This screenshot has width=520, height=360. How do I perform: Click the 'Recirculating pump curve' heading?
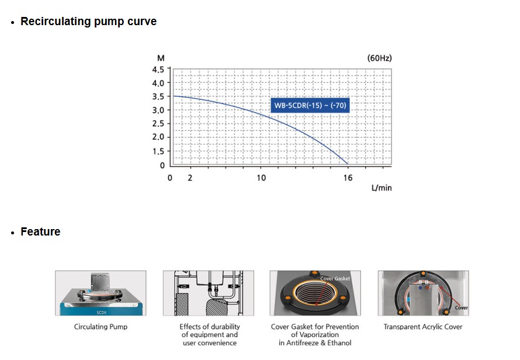point(89,21)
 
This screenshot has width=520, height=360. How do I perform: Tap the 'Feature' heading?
point(40,231)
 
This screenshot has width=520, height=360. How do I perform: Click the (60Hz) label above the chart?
point(379,58)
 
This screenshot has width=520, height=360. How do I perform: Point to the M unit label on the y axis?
point(161,58)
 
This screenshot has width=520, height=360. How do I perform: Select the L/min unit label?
point(382,188)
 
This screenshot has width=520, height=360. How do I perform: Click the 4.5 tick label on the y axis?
point(158,70)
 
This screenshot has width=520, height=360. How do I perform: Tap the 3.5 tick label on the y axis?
point(158,96)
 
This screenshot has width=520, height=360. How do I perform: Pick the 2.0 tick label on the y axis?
point(158,137)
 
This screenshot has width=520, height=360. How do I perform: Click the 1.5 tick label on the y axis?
point(158,151)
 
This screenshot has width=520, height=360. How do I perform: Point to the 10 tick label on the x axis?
point(261,178)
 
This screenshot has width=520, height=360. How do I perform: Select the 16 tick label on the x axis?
point(348,178)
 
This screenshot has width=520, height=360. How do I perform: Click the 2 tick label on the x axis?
point(190,178)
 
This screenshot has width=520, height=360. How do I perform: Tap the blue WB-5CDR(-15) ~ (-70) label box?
point(310,106)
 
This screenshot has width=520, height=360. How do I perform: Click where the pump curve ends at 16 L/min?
point(348,164)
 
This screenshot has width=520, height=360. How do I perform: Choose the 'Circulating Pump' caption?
point(101,327)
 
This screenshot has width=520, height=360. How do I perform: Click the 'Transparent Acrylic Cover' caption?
point(423,327)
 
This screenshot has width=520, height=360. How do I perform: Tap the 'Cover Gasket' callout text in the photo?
point(335,279)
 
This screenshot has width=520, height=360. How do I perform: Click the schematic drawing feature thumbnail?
point(208,293)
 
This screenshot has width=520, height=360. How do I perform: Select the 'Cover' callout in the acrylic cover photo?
point(462,307)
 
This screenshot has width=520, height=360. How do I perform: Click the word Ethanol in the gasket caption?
point(339,342)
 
